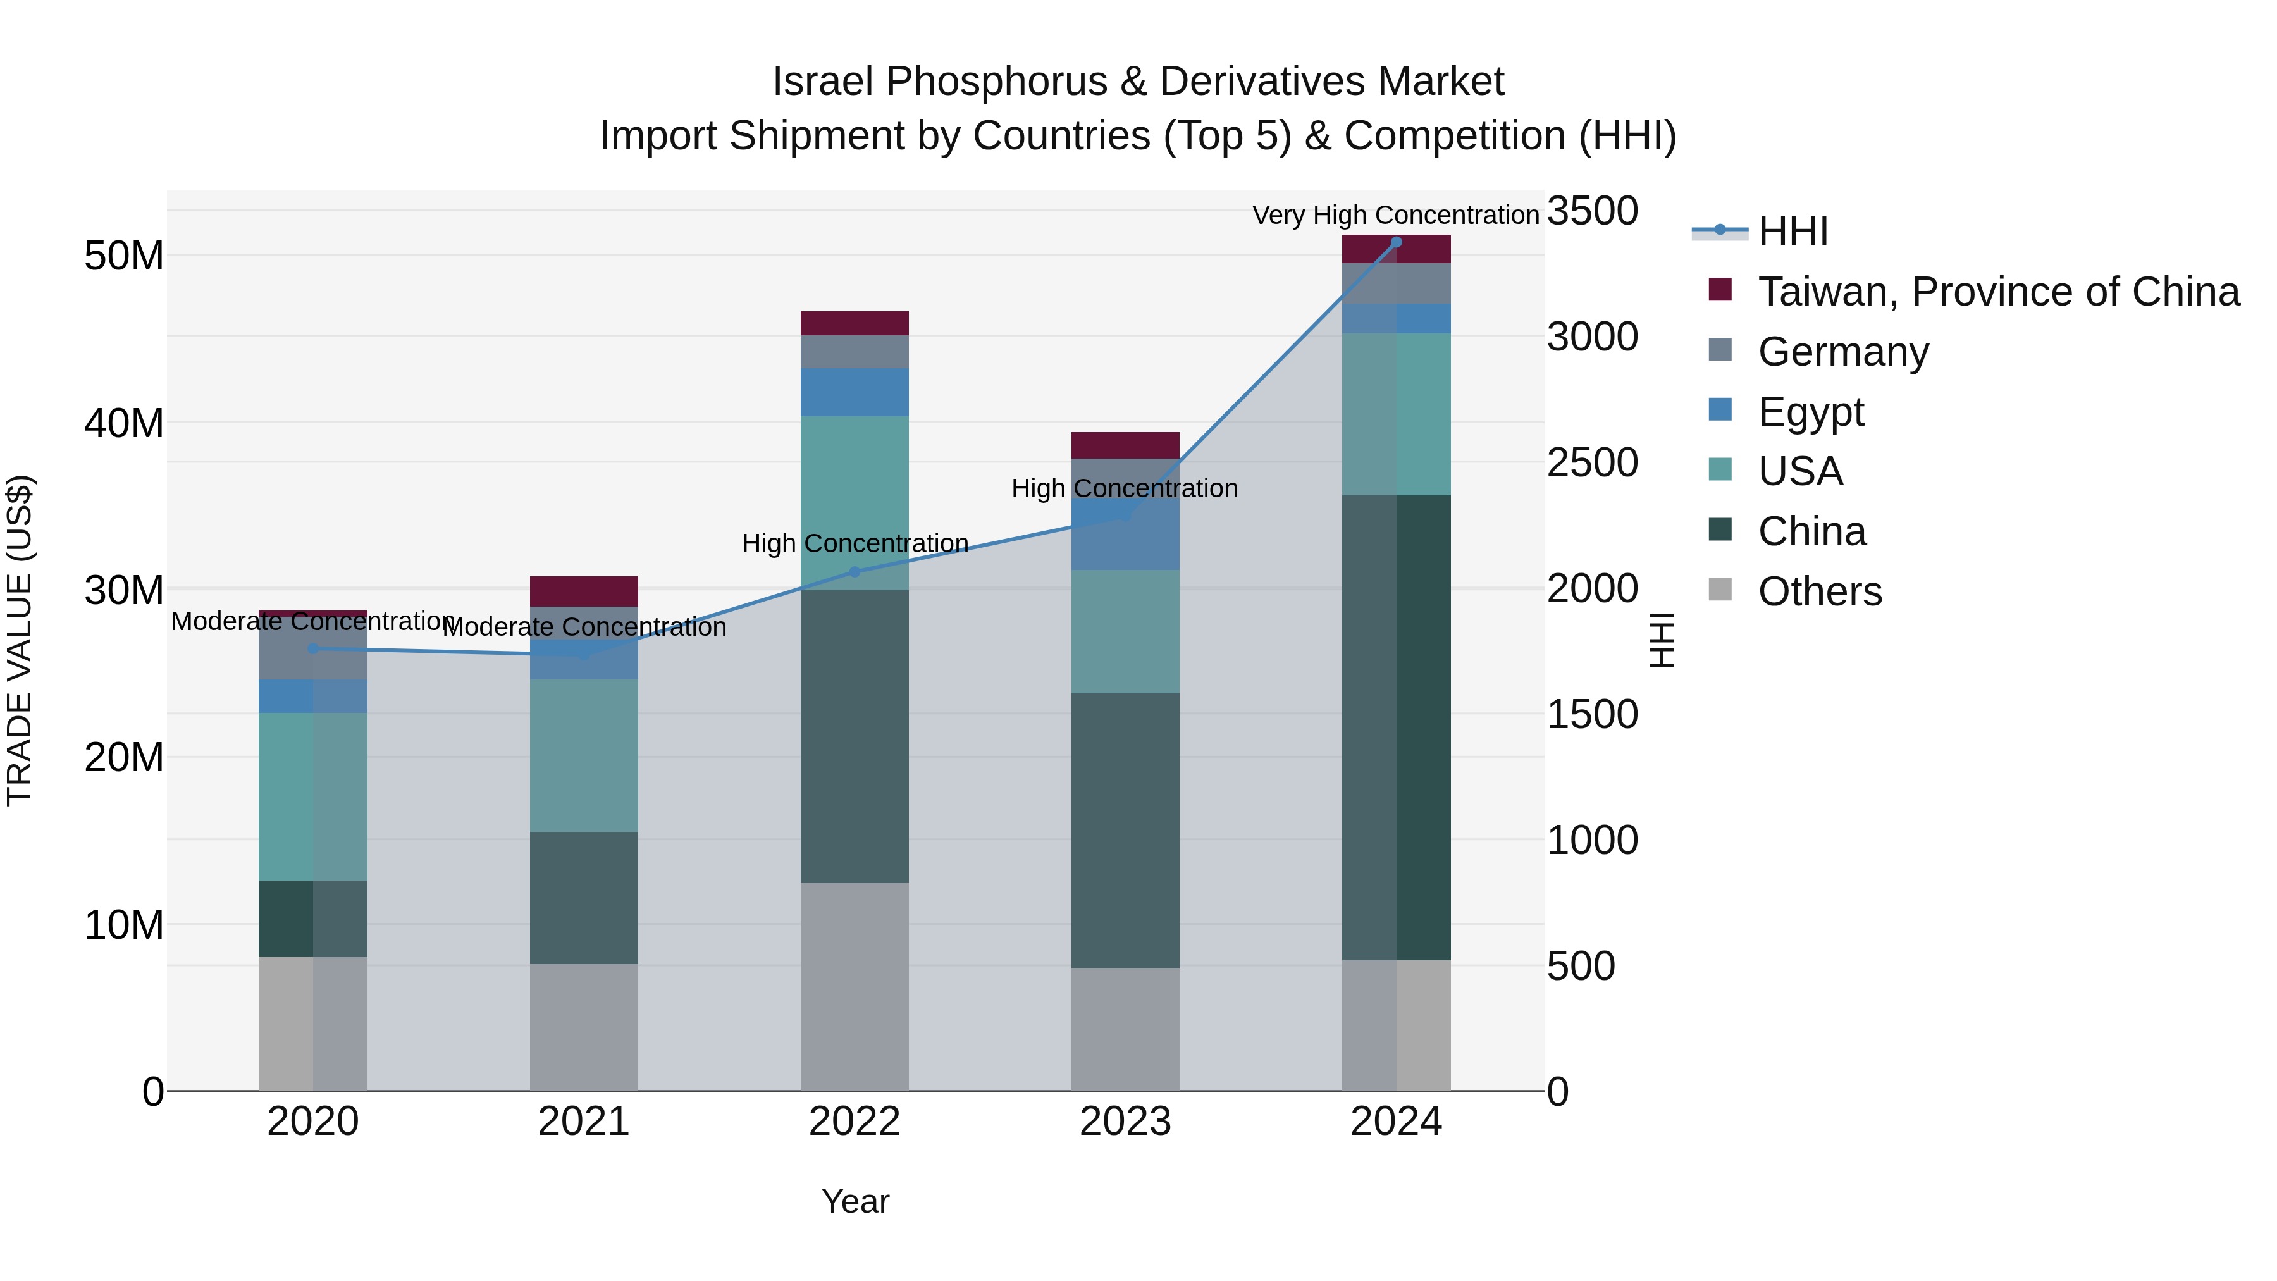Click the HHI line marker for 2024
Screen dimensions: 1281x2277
pos(1397,242)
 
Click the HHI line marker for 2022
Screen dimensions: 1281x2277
pos(855,572)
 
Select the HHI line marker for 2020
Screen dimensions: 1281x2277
pos(313,649)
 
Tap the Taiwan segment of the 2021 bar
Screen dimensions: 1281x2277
pos(583,591)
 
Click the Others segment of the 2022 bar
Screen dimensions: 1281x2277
pos(855,987)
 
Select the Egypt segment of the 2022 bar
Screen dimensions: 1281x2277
pos(855,392)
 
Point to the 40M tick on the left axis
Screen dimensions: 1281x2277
pos(124,423)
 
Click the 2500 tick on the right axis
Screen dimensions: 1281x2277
pos(1592,463)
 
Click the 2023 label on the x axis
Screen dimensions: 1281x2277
pos(1125,1122)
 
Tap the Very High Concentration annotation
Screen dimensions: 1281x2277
pos(1396,216)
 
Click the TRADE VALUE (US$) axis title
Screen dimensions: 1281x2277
pos(20,640)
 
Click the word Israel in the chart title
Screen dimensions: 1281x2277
pos(827,82)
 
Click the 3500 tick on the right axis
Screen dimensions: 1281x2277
pos(1592,211)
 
